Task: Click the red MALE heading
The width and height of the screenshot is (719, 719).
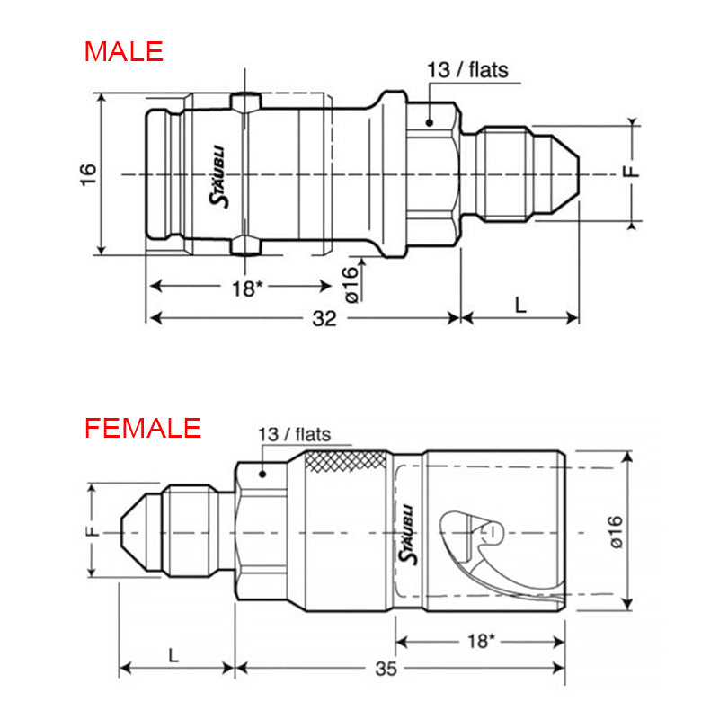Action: [x=124, y=51]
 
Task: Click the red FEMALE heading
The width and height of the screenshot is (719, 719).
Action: [x=143, y=428]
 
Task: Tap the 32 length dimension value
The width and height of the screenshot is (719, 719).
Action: [x=324, y=318]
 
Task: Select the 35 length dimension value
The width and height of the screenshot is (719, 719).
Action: [x=386, y=669]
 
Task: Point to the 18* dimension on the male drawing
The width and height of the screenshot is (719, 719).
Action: [x=247, y=288]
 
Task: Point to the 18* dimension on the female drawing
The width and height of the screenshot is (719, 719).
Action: [x=481, y=641]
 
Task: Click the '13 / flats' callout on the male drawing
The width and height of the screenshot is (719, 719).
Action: [x=467, y=70]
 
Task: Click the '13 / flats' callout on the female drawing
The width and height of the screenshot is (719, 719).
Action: [x=295, y=434]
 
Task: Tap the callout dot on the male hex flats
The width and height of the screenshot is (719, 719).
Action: [x=430, y=122]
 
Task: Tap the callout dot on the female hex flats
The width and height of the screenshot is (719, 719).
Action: [x=262, y=474]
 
